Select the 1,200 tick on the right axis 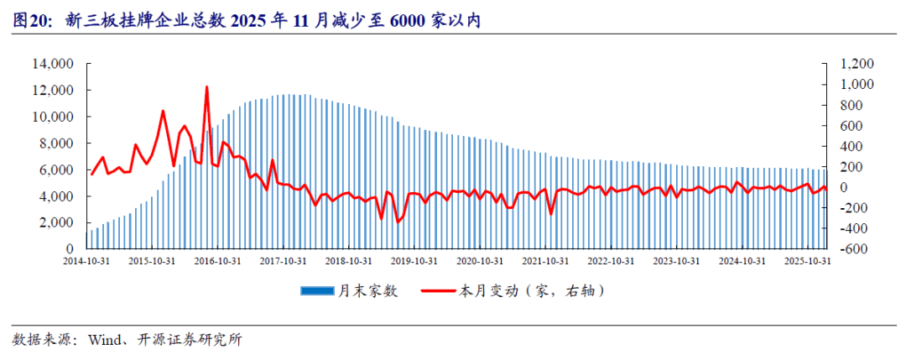point(856,63)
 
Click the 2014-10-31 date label point(86,261)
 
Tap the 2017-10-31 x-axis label point(284,261)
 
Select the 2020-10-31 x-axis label point(481,261)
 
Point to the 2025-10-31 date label point(809,261)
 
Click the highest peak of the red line point(206,86)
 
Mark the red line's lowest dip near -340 point(398,222)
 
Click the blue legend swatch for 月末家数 point(316,291)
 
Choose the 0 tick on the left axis point(71,249)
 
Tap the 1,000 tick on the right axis point(856,84)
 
